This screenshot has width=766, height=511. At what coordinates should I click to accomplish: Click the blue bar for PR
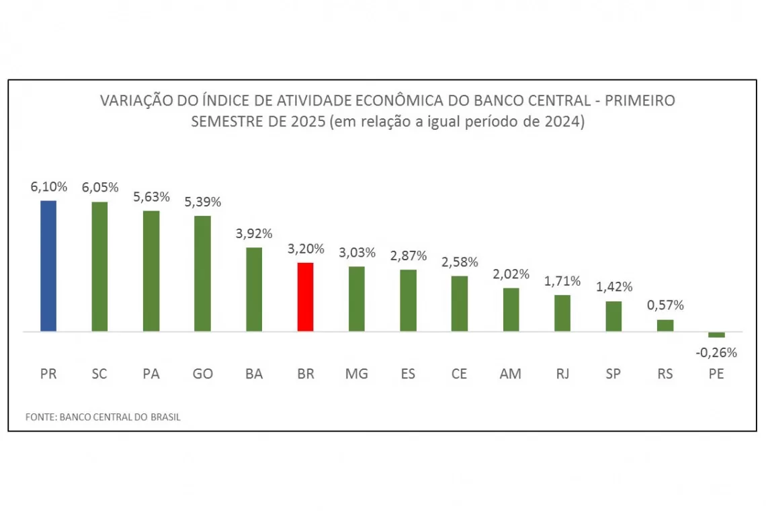pos(48,266)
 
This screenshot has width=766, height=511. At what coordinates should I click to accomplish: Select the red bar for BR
pos(305,297)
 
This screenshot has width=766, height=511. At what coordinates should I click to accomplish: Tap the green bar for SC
pos(99,266)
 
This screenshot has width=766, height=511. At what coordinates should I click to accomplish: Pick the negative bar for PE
pos(716,334)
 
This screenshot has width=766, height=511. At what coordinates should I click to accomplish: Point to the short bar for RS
pos(665,325)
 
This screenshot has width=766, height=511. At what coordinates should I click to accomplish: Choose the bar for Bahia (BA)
pos(254,289)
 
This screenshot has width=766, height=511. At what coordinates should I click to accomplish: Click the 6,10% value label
pos(48,187)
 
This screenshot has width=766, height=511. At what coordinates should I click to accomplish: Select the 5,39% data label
pos(202,202)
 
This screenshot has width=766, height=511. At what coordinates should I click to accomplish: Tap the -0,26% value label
pos(716,352)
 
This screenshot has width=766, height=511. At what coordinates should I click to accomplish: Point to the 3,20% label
pos(306,249)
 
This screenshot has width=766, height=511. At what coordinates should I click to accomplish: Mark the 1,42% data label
pos(614,287)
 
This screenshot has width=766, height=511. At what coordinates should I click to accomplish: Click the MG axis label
pos(357,375)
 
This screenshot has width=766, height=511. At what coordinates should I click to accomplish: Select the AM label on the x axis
pos(511,375)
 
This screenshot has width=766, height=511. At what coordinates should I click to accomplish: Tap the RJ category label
pos(562,375)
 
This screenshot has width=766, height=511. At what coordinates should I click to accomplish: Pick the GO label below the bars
pos(202,375)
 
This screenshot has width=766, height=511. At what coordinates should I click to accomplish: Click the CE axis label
pos(459,375)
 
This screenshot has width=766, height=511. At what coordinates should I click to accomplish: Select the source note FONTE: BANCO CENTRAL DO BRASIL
pos(103,417)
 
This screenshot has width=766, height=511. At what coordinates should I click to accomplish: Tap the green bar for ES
pos(408,300)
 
